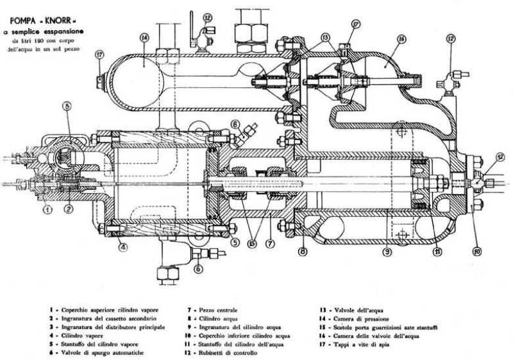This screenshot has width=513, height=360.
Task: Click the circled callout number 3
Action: (66, 106)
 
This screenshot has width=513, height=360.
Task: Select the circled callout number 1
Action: (47, 209)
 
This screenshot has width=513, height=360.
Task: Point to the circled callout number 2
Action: (69, 209)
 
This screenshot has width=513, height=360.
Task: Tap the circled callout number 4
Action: (122, 244)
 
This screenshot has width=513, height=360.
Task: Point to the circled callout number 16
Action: (401, 39)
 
